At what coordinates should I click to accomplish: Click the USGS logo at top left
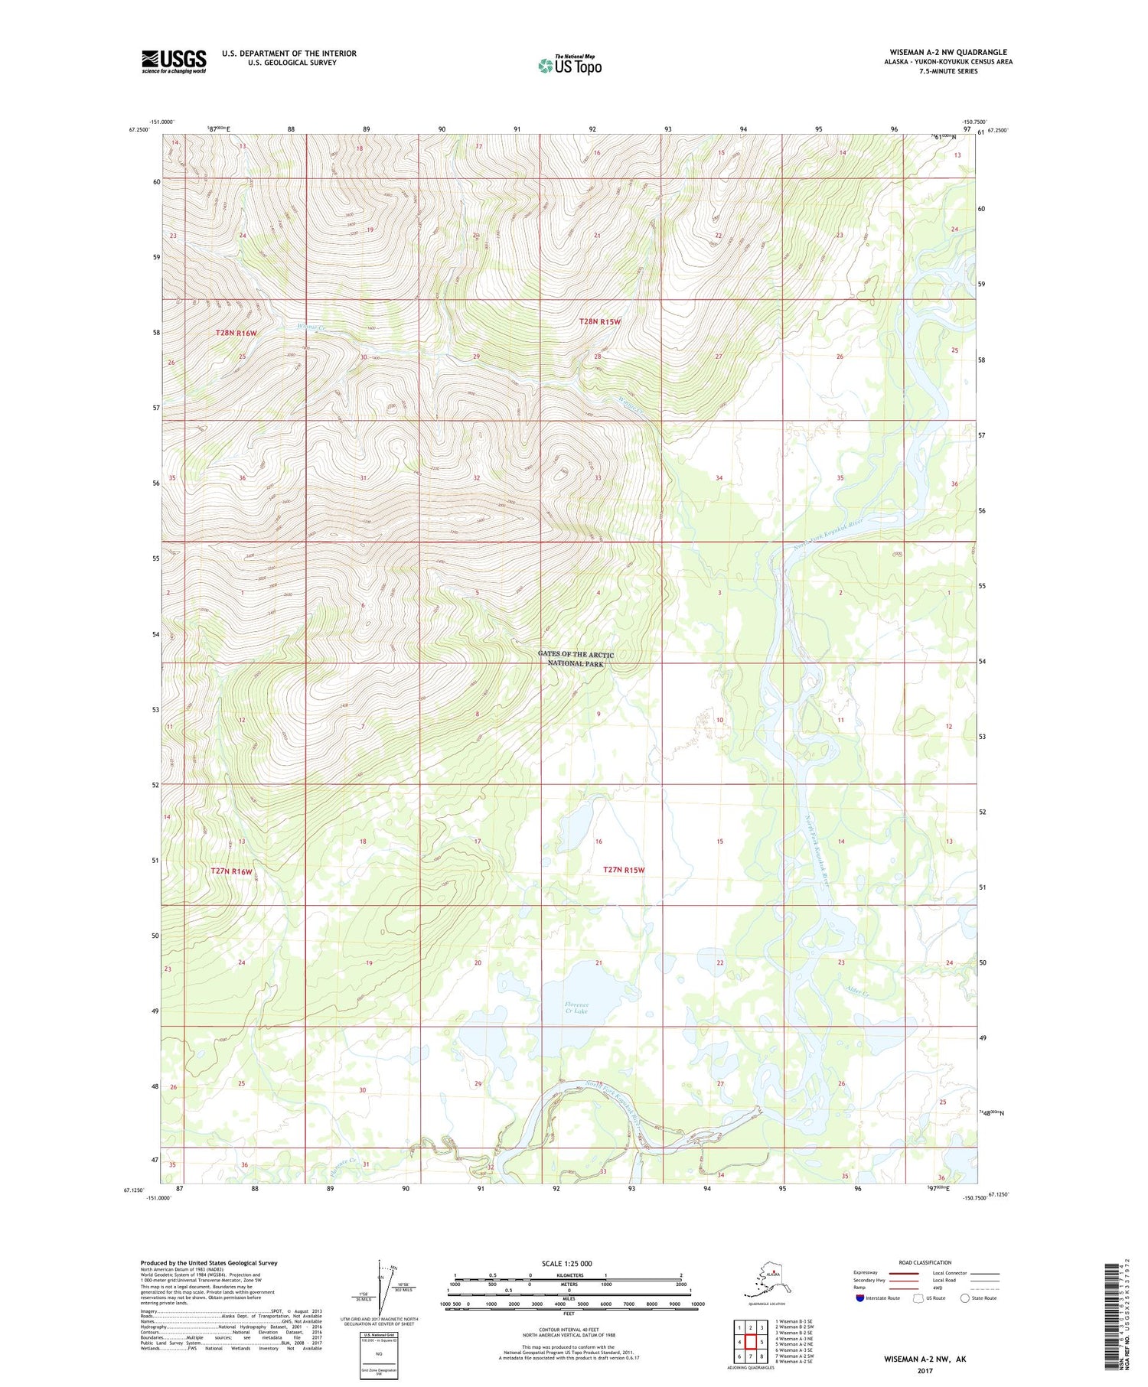coord(174,61)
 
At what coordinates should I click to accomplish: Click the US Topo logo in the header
coord(570,65)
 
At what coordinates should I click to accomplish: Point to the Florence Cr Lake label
coord(576,1008)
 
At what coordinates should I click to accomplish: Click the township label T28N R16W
coord(236,333)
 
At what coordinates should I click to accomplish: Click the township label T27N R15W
coord(624,870)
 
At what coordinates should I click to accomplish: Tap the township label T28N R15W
coord(600,322)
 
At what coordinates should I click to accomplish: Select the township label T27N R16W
coord(231,871)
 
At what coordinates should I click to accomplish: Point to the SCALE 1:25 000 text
coord(566,1263)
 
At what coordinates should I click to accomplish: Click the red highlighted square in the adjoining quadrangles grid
coord(751,1342)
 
